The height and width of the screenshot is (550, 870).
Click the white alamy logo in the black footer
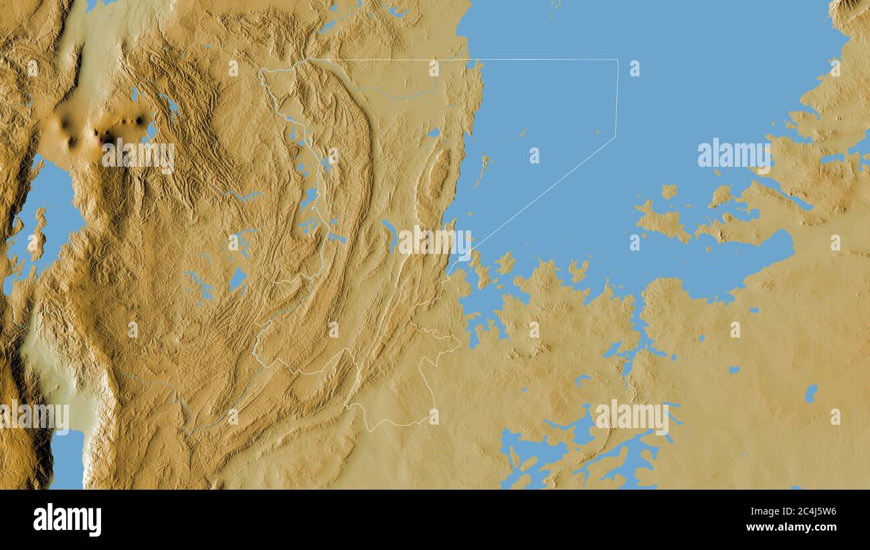pos(67,520)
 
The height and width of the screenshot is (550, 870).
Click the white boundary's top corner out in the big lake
pos(616,60)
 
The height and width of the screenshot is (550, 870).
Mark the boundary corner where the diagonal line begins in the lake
pos(615,137)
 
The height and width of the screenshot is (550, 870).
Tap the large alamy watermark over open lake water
pos(734,153)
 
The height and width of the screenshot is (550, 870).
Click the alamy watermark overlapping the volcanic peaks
pos(138,155)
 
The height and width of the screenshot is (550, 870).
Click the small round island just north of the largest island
pos(669,192)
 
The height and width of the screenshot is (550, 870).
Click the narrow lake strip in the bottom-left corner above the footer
pos(67,459)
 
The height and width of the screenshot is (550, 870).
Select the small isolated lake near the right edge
pos(810,393)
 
